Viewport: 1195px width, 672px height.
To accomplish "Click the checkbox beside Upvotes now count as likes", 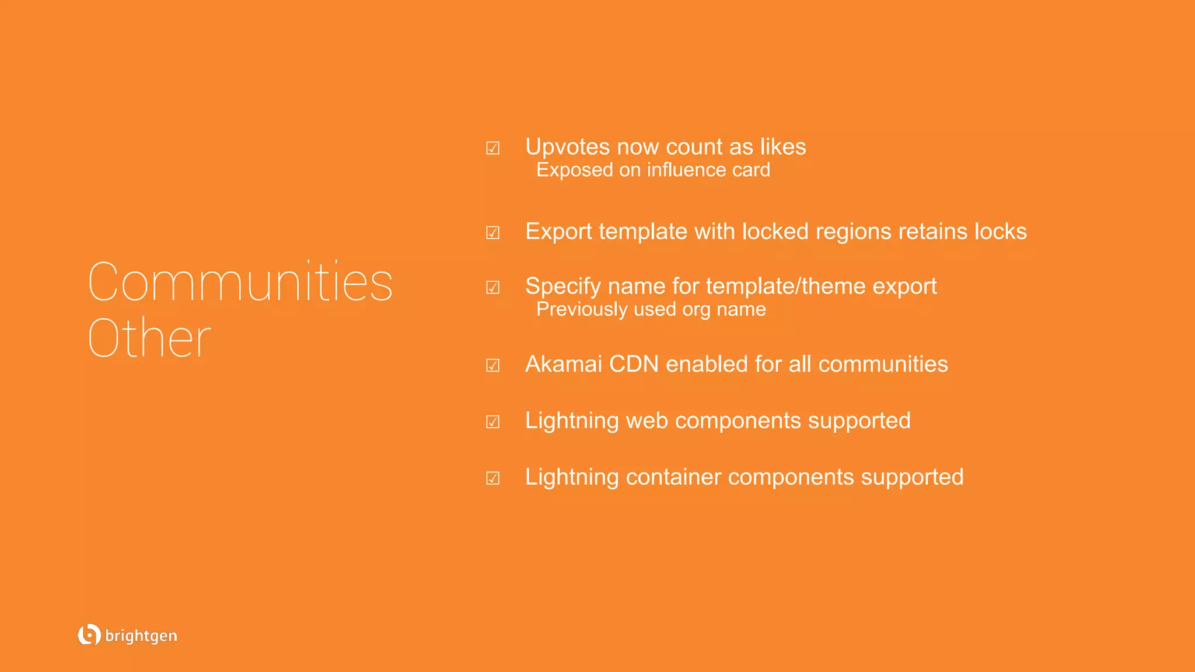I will click(492, 148).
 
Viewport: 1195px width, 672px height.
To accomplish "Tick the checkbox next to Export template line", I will click(492, 233).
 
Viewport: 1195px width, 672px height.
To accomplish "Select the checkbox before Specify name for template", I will click(492, 288).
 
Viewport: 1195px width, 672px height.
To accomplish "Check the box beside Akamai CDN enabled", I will click(492, 366).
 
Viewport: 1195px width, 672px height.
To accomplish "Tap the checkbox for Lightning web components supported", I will click(492, 422).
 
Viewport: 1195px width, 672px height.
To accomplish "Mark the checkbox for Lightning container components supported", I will click(492, 478).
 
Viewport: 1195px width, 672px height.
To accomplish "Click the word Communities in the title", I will click(240, 282).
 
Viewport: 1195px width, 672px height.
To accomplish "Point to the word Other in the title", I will click(149, 338).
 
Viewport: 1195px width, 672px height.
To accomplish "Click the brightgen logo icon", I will click(89, 635).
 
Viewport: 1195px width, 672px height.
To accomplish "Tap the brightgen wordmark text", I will click(141, 636).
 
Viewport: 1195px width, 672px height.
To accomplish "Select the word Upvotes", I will click(567, 147).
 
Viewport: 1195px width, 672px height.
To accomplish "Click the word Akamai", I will click(563, 364).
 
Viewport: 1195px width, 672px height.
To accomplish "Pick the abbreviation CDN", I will click(634, 364).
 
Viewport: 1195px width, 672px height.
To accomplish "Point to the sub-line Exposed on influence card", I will click(653, 170).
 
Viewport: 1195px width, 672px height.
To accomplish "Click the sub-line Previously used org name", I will click(651, 309).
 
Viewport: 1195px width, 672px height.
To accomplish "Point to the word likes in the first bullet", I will click(782, 147).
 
